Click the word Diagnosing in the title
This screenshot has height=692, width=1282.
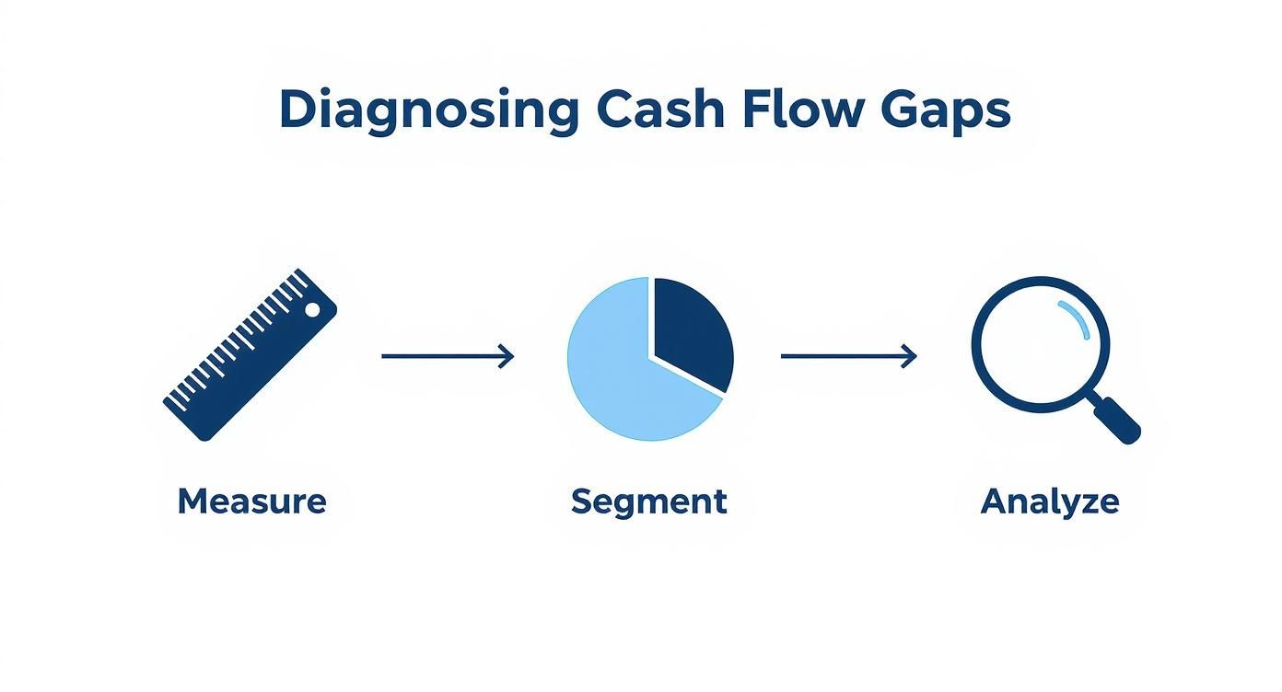coord(428,110)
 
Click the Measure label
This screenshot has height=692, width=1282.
coord(251,502)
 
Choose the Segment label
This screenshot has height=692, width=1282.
coord(648,502)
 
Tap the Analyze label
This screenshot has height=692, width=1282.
coord(1050,502)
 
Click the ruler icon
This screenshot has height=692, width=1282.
coord(249,355)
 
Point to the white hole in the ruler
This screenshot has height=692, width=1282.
coord(313,310)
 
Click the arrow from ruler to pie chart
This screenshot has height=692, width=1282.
coord(447,356)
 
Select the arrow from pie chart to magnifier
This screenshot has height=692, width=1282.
coord(848,356)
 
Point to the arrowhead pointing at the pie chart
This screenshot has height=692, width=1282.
coord(507,356)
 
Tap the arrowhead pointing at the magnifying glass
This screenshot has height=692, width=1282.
coord(910,356)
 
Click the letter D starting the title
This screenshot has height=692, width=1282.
coord(296,110)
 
